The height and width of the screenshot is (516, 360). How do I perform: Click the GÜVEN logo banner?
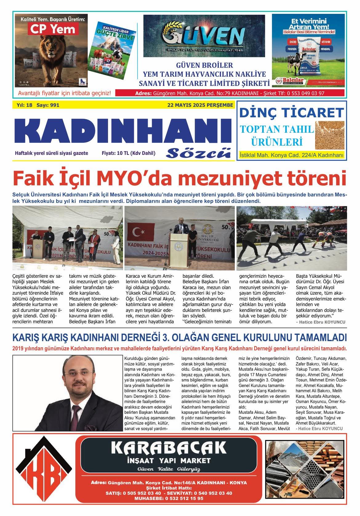tap(204, 36)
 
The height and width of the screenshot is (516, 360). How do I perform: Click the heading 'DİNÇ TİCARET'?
tap(291, 113)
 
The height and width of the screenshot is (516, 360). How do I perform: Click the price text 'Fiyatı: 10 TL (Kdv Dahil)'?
tap(129, 153)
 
